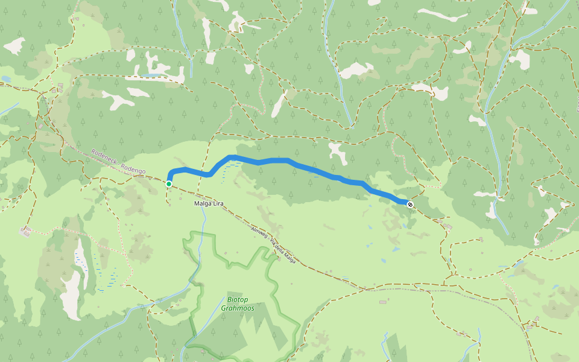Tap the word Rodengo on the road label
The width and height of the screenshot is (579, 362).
(133, 168)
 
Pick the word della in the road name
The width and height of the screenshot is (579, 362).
(280, 249)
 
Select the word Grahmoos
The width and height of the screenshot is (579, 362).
(237, 308)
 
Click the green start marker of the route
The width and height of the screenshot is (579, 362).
(169, 183)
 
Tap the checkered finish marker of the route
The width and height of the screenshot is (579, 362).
(410, 205)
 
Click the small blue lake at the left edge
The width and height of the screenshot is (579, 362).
(5, 78)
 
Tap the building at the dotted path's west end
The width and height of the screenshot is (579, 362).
(25, 231)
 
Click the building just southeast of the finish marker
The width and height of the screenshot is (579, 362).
(447, 226)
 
